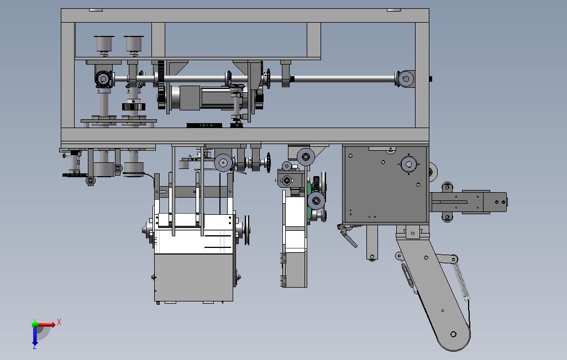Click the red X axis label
point(59,322)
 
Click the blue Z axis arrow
point(35,336)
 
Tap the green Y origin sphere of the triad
point(35,324)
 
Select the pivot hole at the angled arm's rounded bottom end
point(453,334)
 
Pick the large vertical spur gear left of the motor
point(161,84)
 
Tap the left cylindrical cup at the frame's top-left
point(104,44)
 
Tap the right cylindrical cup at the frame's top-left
point(134,44)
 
